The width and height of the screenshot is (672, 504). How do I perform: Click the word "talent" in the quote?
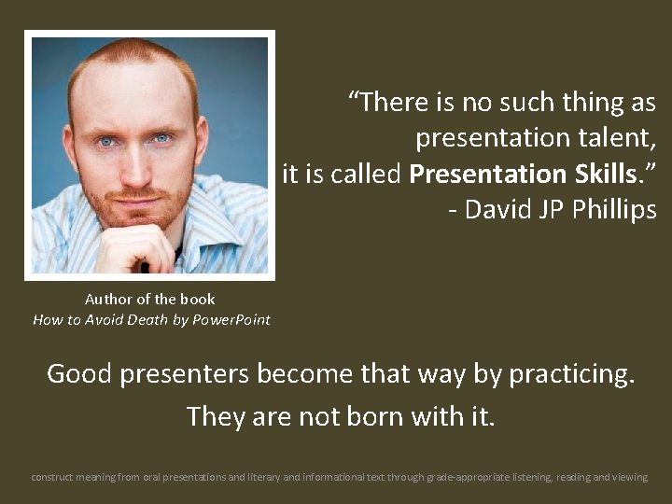[x=614, y=138]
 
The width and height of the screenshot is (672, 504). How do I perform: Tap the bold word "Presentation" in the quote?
[x=488, y=174]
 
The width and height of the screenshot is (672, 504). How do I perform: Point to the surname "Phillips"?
[x=610, y=209]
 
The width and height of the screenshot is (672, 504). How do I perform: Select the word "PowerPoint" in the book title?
[x=231, y=319]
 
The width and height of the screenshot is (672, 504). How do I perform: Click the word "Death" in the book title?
[x=146, y=319]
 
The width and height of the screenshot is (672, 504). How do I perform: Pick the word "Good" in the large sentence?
[x=78, y=373]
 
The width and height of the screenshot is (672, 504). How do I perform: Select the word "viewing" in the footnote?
[x=628, y=477]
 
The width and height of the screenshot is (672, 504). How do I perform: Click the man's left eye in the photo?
[x=162, y=139]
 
